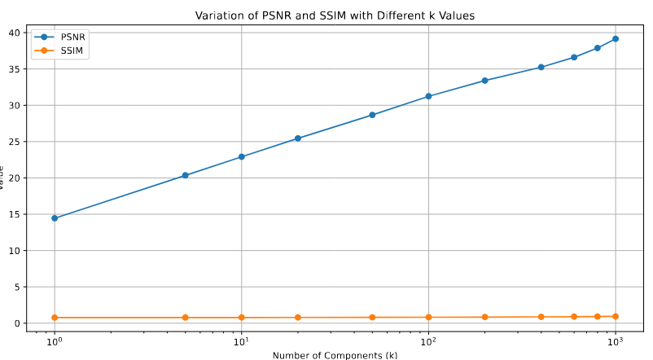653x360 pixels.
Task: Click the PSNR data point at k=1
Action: coord(55,218)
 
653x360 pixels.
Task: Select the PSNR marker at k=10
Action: coord(242,156)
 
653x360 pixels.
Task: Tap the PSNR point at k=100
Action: coord(428,96)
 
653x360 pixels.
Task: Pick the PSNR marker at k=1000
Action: coord(616,38)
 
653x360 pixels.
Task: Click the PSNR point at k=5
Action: coord(185,175)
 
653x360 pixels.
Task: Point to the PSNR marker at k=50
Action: coord(372,115)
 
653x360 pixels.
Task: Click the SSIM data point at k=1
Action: coord(55,318)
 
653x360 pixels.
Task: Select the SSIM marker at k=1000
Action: coord(616,316)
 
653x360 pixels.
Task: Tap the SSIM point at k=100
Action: coord(428,317)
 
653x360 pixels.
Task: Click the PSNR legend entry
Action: coord(62,37)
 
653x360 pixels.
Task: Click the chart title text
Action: coord(335,15)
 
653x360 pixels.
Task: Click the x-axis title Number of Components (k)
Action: coord(335,355)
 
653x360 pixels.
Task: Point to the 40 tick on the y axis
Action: coord(15,33)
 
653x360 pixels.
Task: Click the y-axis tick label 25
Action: coord(15,142)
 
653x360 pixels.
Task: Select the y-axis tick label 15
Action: coord(15,214)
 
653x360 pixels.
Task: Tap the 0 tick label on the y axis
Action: coord(18,323)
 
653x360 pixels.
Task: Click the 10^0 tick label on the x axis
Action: coord(55,343)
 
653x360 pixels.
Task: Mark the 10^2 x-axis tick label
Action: coord(428,343)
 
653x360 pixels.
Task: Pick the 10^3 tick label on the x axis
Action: coord(616,343)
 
